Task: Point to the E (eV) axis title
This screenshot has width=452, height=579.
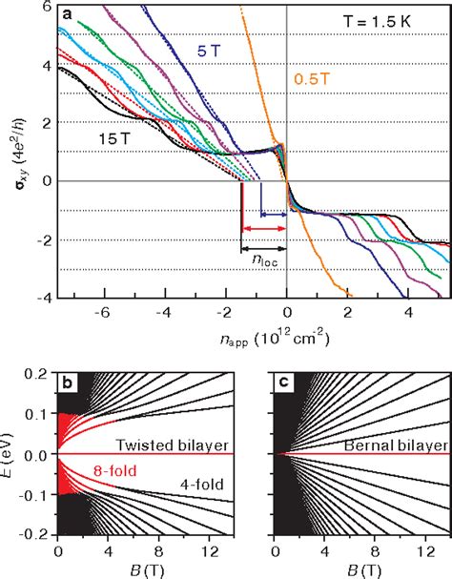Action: coord(13,457)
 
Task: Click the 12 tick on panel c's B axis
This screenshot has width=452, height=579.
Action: coord(424,563)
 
